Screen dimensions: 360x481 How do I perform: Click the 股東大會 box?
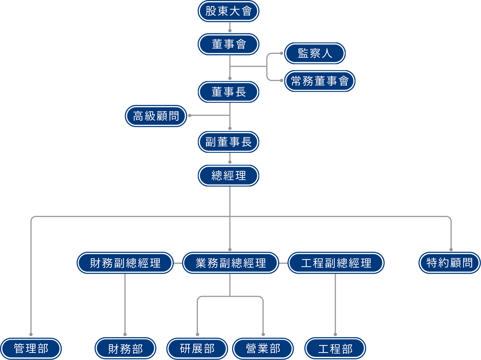tap(228, 11)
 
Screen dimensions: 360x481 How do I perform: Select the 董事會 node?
tap(228, 44)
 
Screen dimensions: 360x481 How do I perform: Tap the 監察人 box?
tap(315, 53)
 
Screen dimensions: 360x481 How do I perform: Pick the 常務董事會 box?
tap(320, 81)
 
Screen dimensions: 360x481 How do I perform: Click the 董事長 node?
tap(228, 92)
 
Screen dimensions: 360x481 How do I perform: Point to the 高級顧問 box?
tap(156, 116)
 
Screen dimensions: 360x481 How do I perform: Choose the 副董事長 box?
tap(228, 142)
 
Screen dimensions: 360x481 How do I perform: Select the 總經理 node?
tap(228, 176)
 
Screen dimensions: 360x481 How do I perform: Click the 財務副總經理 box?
tap(125, 263)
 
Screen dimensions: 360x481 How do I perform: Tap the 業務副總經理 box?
tap(231, 263)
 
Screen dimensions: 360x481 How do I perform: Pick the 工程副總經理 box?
tap(336, 263)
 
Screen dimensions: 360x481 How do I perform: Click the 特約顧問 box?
tap(449, 263)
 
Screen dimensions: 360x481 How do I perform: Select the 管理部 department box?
tap(31, 348)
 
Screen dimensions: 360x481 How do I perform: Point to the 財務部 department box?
tap(125, 349)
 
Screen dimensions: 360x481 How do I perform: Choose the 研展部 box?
tap(197, 349)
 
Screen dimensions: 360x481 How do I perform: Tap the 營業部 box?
tap(263, 349)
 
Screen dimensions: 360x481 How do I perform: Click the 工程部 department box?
tap(335, 349)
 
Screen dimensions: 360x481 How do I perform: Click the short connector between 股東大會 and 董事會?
tap(230, 27)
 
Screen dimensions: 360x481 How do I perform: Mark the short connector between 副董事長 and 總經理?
tap(230, 158)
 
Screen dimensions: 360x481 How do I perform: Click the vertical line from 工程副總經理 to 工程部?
tap(335, 304)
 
